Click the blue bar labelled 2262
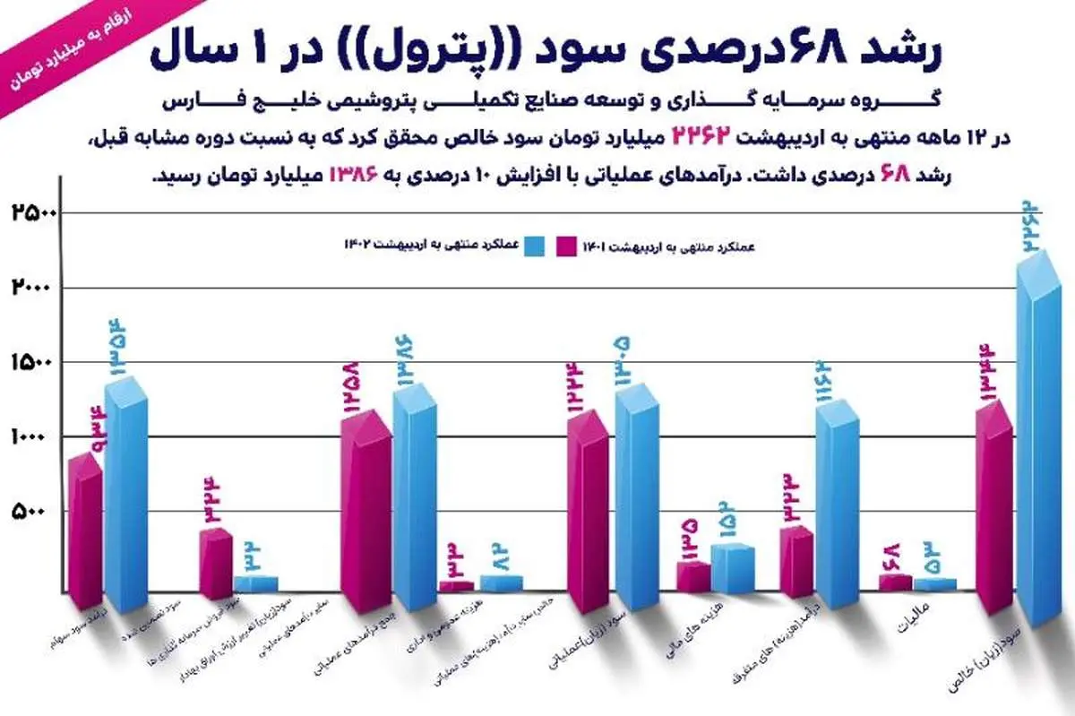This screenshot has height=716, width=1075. tap(1041, 457)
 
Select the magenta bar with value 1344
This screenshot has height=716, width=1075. tap(994, 511)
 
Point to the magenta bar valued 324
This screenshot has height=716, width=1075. tap(216, 565)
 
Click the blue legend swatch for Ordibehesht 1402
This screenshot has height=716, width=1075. tap(537, 245)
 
